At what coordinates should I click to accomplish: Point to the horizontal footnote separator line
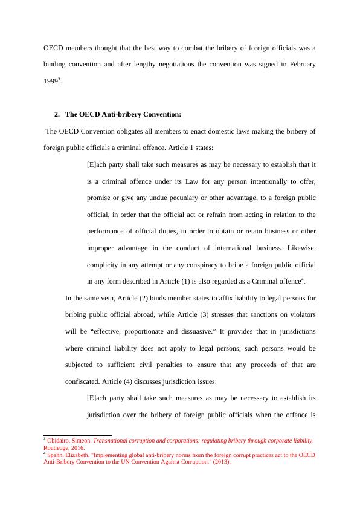78,435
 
